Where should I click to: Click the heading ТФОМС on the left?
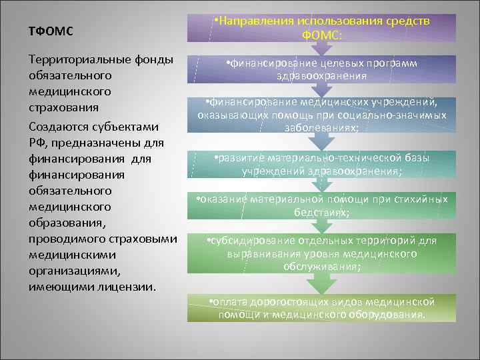click(x=51, y=31)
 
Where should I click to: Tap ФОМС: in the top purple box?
click(x=322, y=34)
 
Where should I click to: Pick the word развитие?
click(x=241, y=158)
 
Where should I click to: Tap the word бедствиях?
click(x=321, y=211)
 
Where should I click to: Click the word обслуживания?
click(x=322, y=267)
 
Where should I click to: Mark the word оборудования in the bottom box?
click(x=386, y=314)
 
